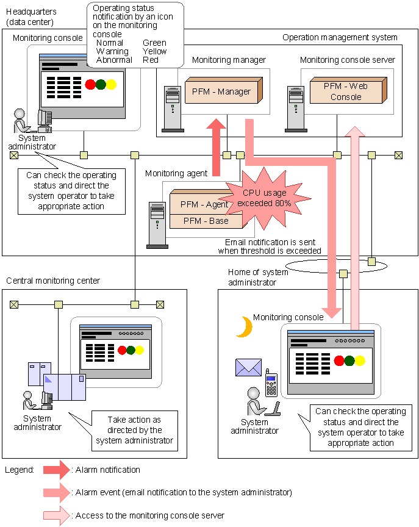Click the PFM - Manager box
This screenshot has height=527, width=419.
pos(221,91)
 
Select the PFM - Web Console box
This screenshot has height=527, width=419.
pos(345,91)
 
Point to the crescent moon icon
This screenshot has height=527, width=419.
pos(245,327)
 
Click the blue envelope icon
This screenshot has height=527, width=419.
pos(248,367)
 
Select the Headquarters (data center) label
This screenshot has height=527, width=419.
pos(30,16)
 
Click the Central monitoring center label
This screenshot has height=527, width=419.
pos(53,281)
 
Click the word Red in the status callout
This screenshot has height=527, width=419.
pos(150,60)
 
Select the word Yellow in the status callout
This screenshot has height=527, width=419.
pos(154,51)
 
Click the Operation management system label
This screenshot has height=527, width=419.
pos(340,38)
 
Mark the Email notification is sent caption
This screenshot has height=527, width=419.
pos(273,246)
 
